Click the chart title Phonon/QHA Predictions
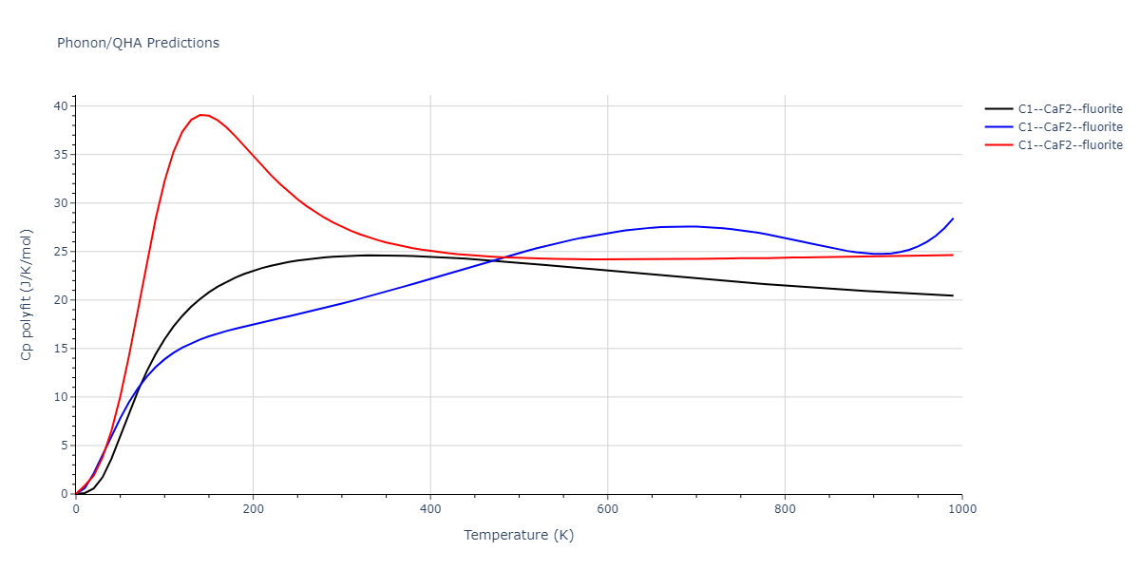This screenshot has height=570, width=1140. coord(138,43)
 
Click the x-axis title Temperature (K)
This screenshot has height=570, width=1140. coord(519,535)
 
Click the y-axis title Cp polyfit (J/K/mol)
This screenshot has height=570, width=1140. coord(27,294)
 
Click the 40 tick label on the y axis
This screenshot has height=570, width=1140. coord(61,106)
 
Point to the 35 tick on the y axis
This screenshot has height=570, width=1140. coord(61,155)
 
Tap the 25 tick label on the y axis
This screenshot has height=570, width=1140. coord(61,252)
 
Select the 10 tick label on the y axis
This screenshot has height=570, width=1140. coord(61,397)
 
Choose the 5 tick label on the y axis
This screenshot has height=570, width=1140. coord(65,446)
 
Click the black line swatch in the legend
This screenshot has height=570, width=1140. coord(997,109)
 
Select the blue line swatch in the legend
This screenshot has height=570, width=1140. coord(997,127)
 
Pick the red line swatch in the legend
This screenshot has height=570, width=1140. coord(997,145)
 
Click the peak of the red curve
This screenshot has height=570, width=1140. coord(200,114)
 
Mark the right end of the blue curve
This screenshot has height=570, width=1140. coord(953,218)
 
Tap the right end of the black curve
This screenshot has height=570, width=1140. coord(953,295)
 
